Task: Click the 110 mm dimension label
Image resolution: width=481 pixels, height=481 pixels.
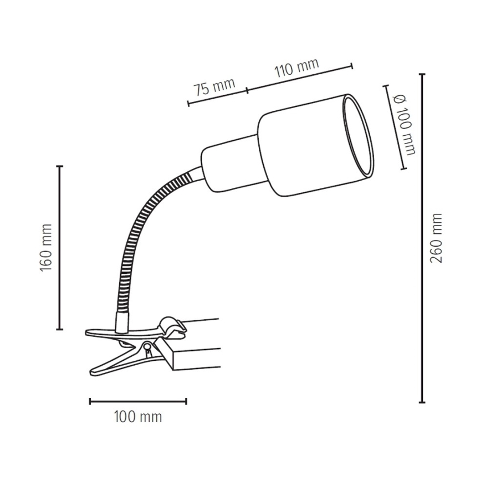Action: [297, 68]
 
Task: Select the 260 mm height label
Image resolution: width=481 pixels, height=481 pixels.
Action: [437, 238]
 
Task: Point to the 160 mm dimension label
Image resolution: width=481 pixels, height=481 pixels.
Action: [46, 248]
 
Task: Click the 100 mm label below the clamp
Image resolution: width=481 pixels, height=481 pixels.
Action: [138, 417]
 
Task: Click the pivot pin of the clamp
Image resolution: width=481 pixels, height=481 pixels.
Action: [147, 348]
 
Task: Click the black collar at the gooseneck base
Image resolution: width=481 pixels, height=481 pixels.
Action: [120, 321]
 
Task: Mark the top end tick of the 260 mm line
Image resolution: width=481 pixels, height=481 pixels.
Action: [422, 74]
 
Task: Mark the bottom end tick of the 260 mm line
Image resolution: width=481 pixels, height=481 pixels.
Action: [422, 401]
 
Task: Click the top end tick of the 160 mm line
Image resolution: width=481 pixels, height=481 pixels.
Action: [60, 166]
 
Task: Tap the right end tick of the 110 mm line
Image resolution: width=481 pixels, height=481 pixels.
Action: [351, 66]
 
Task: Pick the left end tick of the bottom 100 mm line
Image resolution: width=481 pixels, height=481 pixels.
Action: [90, 401]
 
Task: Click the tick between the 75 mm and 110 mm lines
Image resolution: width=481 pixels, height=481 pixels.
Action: [247, 90]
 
